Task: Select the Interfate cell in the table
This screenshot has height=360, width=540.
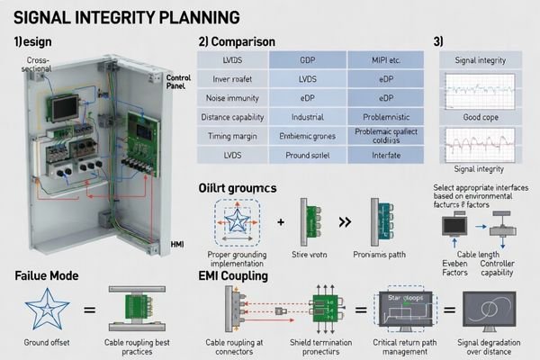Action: pyautogui.click(x=384, y=157)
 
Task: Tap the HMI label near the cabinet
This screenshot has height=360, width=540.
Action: pyautogui.click(x=177, y=243)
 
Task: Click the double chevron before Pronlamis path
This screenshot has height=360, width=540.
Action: pyautogui.click(x=344, y=220)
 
